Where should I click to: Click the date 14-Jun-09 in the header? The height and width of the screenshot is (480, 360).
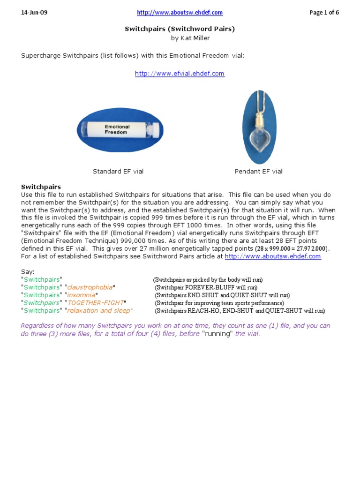pyautogui.click(x=34, y=13)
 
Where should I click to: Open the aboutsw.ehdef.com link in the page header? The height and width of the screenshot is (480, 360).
pyautogui.click(x=180, y=13)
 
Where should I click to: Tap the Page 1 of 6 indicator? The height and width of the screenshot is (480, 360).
pyautogui.click(x=324, y=13)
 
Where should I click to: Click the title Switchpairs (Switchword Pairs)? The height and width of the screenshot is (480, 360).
pyautogui.click(x=180, y=29)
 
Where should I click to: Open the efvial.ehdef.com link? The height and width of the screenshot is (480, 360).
pyautogui.click(x=180, y=74)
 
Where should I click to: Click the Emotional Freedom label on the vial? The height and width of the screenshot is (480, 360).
pyautogui.click(x=117, y=129)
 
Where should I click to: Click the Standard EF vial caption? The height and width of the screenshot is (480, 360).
pyautogui.click(x=118, y=172)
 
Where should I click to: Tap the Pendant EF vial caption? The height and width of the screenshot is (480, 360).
pyautogui.click(x=259, y=172)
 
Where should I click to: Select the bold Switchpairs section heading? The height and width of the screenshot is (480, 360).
pyautogui.click(x=41, y=187)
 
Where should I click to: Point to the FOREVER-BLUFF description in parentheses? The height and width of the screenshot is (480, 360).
pyautogui.click(x=206, y=287)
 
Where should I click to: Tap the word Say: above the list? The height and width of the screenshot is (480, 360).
pyautogui.click(x=28, y=272)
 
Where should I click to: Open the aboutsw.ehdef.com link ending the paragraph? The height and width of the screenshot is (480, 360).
pyautogui.click(x=273, y=256)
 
